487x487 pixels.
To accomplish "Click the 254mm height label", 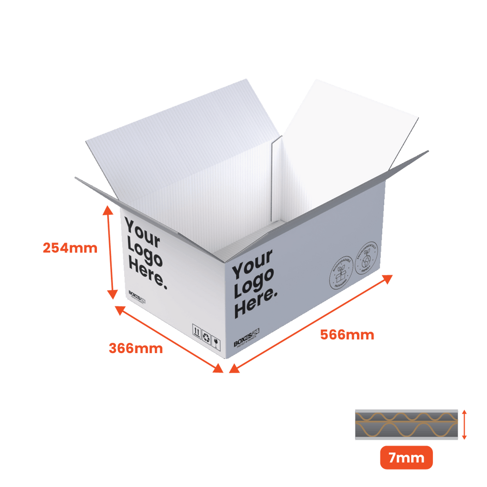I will (x=70, y=248).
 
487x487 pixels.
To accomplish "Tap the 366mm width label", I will (x=135, y=349).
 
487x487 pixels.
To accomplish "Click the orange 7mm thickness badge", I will (x=406, y=458).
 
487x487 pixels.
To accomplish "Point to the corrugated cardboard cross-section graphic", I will (x=406, y=424).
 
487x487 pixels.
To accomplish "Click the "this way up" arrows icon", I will (x=197, y=332).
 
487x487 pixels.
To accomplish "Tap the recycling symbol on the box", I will (x=206, y=337).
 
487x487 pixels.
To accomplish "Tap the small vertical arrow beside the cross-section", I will (x=464, y=424).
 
